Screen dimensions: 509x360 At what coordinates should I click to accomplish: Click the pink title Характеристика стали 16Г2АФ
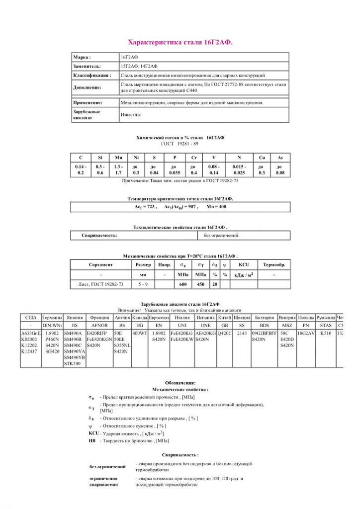click(180, 43)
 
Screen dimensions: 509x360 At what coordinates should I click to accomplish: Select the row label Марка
click(82, 57)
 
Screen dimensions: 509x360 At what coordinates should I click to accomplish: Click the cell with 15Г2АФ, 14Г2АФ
click(139, 66)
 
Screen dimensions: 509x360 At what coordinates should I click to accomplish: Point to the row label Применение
click(88, 102)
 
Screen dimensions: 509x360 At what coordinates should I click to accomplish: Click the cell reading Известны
click(131, 115)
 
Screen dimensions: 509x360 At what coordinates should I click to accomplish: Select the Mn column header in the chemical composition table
click(118, 157)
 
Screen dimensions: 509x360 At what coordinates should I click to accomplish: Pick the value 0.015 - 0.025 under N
click(239, 170)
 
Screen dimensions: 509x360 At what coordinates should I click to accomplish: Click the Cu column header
click(262, 157)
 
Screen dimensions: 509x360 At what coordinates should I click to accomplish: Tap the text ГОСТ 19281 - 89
click(180, 144)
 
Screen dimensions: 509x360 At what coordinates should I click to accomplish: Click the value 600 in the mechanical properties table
click(183, 284)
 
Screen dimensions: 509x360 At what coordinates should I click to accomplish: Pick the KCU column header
click(244, 265)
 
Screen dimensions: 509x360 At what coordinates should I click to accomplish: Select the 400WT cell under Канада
click(140, 333)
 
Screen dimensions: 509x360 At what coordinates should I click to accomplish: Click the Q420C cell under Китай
click(225, 333)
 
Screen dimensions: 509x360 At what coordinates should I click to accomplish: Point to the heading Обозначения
click(180, 383)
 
